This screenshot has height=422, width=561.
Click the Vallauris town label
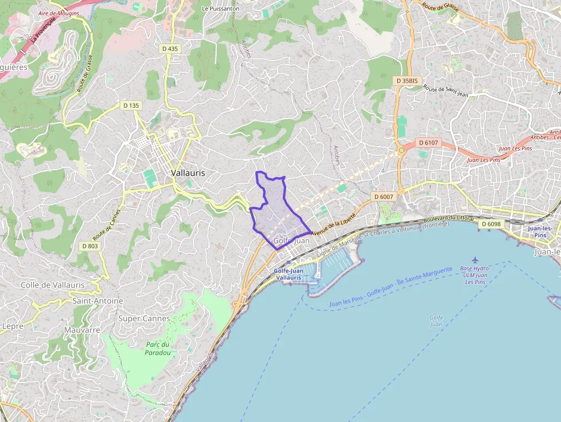pyautogui.click(x=188, y=172)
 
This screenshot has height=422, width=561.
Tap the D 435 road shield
pyautogui.click(x=170, y=49)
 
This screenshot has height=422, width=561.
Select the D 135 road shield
pyautogui.click(x=131, y=105)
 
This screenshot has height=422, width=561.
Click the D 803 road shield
pyautogui.click(x=90, y=246)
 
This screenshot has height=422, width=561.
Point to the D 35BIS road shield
pyautogui.click(x=409, y=81)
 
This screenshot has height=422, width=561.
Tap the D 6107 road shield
pyautogui.click(x=428, y=143)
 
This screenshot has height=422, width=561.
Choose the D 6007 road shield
pyautogui.click(x=384, y=196)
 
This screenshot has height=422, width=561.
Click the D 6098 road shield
pyautogui.click(x=491, y=224)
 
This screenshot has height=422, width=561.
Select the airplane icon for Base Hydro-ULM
pyautogui.click(x=475, y=261)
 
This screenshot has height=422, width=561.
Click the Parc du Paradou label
pyautogui.click(x=158, y=348)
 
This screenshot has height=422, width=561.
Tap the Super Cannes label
pyautogui.click(x=144, y=318)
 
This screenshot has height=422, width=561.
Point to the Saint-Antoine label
pyautogui.click(x=98, y=301)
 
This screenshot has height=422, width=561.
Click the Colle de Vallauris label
pyautogui.click(x=53, y=285)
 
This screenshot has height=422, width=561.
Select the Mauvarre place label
pyautogui.click(x=82, y=330)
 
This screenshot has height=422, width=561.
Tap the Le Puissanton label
pyautogui.click(x=220, y=9)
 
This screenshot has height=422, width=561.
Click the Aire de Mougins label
pyautogui.click(x=59, y=13)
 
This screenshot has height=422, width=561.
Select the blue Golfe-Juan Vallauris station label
pyautogui.click(x=289, y=274)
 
